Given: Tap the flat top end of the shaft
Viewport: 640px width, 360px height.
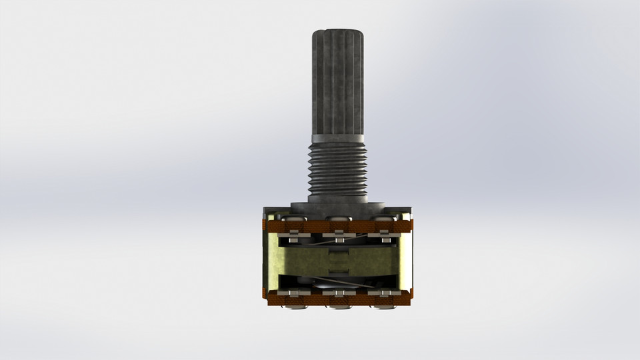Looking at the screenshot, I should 339,31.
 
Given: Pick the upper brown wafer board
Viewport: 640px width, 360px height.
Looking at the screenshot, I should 339,227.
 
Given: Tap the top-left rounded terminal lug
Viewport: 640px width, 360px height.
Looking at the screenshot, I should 293,218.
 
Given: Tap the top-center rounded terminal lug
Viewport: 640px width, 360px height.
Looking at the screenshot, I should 339,218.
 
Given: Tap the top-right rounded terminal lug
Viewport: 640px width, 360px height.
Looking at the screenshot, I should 383,218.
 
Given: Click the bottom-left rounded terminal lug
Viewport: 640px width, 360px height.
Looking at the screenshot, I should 293,306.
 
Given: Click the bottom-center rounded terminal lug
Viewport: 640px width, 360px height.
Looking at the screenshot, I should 339,306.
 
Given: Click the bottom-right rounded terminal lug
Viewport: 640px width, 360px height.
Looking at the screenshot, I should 383,306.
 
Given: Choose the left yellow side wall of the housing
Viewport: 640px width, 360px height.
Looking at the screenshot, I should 271,260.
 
